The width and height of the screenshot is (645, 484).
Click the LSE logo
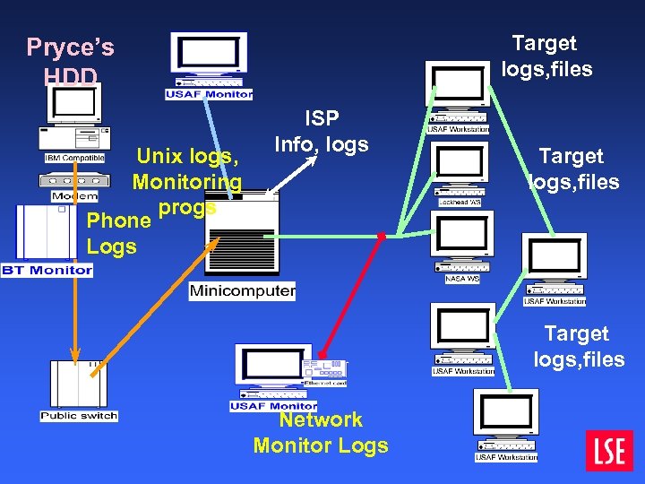coord(609,450)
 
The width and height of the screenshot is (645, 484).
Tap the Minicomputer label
coord(242,290)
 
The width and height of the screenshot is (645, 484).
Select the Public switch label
coord(79,415)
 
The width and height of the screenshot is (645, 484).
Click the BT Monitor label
coord(47,270)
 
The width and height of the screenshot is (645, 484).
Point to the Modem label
coord(75,195)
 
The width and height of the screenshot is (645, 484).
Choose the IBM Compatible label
coord(75,158)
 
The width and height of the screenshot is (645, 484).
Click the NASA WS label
coord(462,279)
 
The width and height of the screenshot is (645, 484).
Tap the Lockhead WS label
coord(460,203)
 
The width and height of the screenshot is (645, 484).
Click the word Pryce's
coord(70,47)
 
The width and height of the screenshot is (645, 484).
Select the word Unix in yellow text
coord(159,156)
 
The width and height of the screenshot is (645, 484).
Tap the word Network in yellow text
coord(321,419)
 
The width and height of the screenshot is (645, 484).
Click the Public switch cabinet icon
coord(79,383)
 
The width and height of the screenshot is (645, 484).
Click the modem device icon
coord(75,178)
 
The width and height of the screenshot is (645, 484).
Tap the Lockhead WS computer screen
coord(460,163)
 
